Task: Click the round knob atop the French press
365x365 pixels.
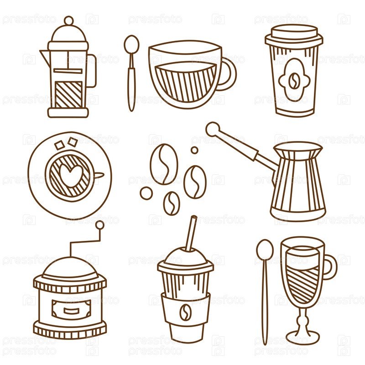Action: pos(69,21)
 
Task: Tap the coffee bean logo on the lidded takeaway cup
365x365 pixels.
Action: pos(294,81)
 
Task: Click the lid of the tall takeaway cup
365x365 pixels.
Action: pos(294,36)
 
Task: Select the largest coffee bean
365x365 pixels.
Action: pos(164,164)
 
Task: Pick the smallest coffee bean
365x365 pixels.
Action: pos(172,203)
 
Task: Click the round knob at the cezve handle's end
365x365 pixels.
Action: pos(213,129)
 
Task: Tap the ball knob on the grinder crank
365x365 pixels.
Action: pos(100,225)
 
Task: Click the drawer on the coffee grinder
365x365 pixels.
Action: pos(71,310)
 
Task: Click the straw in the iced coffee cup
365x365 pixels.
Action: pos(191,233)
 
